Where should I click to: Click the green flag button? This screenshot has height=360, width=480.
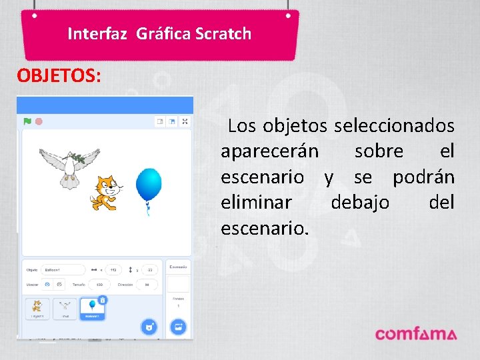pos(27,121)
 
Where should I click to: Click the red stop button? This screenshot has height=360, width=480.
pos(39,121)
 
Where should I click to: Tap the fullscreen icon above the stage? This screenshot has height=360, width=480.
pos(185,121)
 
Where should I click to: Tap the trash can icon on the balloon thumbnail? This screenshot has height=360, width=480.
pos(102,301)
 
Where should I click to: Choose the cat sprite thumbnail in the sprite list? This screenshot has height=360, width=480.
pos(37,309)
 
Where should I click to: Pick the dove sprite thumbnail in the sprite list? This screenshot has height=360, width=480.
pos(65,309)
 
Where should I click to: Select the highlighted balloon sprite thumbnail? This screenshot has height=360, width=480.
pos(92,309)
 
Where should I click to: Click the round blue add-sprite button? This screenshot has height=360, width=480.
pos(149,327)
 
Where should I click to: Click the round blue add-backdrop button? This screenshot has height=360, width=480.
pos(178,327)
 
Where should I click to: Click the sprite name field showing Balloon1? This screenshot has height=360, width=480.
pos(63,270)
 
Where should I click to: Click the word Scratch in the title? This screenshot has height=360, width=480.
pos(223,33)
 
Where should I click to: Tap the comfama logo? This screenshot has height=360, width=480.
pos(415,334)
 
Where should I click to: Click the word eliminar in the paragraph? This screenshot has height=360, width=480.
pos(256,202)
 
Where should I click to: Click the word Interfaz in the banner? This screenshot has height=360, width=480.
pos(97,33)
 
